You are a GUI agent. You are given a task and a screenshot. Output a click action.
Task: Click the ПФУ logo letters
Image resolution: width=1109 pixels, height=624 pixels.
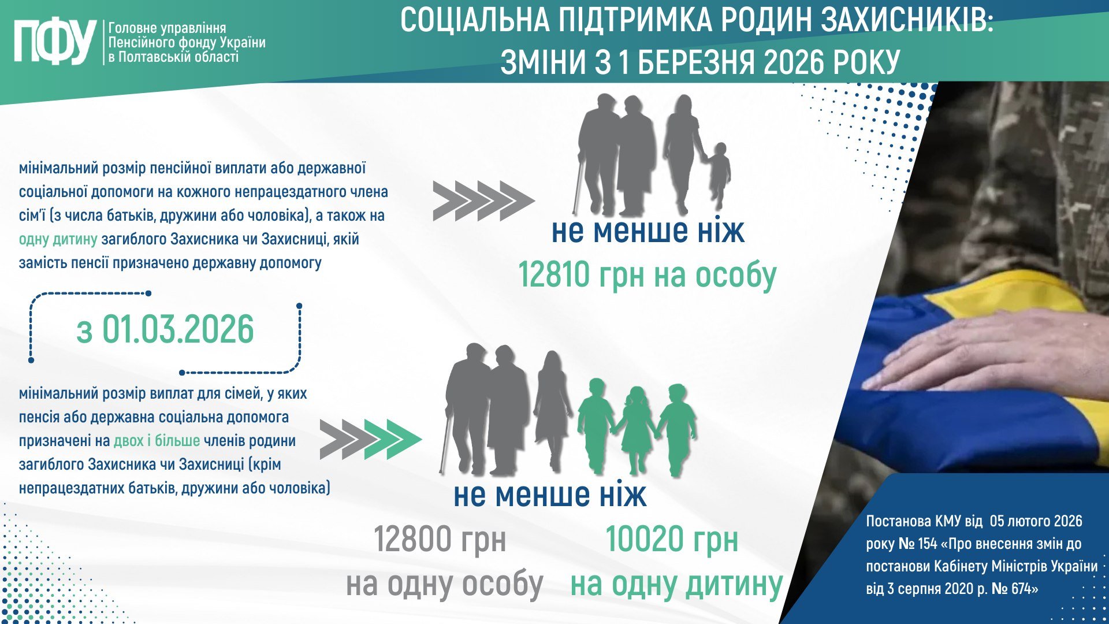pos(55,42)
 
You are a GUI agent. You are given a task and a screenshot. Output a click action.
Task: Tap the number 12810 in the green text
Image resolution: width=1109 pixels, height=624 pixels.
pos(554,274)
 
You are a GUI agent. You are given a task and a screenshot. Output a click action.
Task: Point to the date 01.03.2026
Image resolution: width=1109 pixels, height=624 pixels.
pos(178,329)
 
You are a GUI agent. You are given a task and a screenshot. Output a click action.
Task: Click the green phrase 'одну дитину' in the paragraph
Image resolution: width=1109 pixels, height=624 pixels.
pos(58,239)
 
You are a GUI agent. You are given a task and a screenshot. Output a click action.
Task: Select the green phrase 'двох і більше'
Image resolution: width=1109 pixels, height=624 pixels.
pos(157,440)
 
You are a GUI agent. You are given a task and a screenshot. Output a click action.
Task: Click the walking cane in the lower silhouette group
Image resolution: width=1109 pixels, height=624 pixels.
pos(445,441)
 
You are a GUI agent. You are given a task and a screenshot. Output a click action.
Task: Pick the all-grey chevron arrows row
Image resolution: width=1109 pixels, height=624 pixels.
pos(484,201)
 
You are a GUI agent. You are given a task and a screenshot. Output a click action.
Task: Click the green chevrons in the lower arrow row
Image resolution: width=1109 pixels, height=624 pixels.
pos(393,440)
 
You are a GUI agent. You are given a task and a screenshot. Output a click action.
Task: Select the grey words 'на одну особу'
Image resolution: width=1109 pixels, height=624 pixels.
pos(445,584)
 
